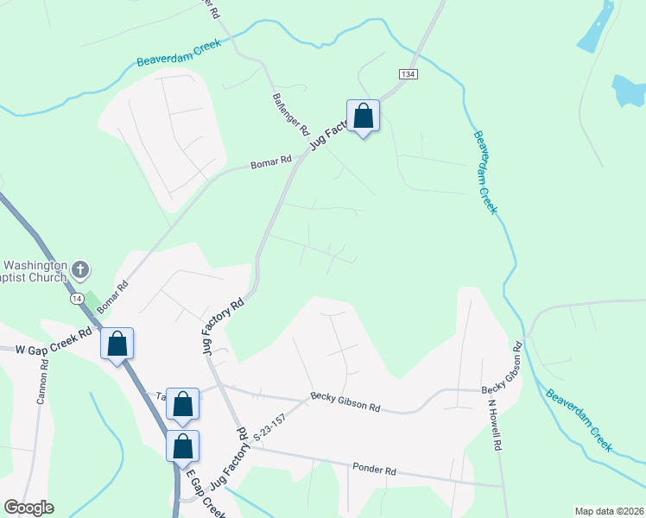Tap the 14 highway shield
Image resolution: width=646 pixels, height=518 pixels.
click(x=77, y=298)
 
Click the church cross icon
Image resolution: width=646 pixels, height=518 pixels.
click(x=79, y=269)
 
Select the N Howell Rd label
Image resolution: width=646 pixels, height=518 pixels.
click(x=495, y=425)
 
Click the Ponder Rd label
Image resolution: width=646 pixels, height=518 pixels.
click(x=374, y=471)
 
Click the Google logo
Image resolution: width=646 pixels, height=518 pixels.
click(x=28, y=508)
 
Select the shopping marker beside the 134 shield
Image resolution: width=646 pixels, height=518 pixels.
click(x=364, y=117)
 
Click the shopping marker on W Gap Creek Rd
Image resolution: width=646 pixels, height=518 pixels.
click(x=117, y=344)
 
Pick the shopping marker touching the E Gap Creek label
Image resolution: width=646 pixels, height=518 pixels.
click(x=182, y=447)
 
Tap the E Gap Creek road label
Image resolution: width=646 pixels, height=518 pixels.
click(x=209, y=497)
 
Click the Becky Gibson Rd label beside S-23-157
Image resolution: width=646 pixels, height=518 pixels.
click(x=345, y=404)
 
